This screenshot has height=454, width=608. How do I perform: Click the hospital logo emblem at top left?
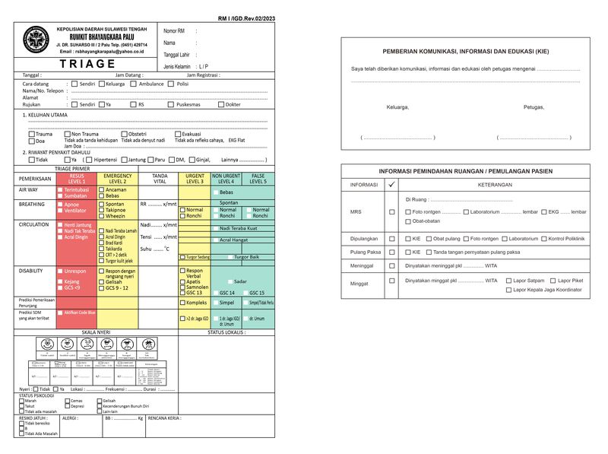pos(36,40)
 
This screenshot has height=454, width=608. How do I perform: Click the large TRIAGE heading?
pos(88,64)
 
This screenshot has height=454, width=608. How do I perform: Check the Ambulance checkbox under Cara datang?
pos(134,84)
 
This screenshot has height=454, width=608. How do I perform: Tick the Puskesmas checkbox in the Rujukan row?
pos(170,104)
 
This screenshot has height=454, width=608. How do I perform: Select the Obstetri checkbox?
pos(125,134)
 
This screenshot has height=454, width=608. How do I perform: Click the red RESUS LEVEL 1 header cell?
pos(77,178)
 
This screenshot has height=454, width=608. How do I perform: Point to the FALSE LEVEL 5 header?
pos(258,178)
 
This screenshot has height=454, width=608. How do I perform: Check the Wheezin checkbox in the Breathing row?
pos(101,216)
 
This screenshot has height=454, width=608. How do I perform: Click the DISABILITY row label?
pos(33,271)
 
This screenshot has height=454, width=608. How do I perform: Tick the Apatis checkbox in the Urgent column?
pos(182,281)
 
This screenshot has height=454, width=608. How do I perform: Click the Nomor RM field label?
pos(174,31)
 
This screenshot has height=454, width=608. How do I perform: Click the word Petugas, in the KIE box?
pos(534,107)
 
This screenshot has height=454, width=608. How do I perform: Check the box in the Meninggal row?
pos(392,266)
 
